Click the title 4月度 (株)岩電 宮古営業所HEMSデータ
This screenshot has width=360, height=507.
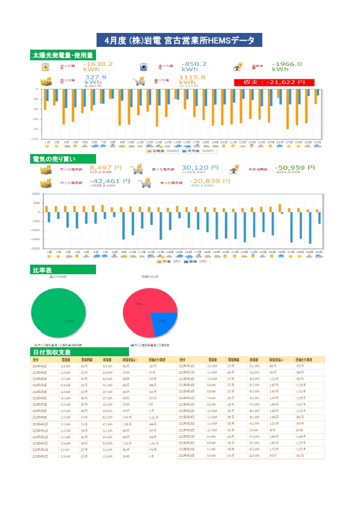coord(180,41)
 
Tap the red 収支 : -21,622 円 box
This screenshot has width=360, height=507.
coord(275,82)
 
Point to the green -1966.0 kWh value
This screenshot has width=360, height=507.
coord(287,66)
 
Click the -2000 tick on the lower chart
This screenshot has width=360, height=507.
coord(36,248)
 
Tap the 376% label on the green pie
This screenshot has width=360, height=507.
coord(69,322)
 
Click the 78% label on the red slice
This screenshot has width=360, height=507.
coord(138,304)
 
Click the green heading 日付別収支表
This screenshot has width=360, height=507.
coord(52,352)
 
